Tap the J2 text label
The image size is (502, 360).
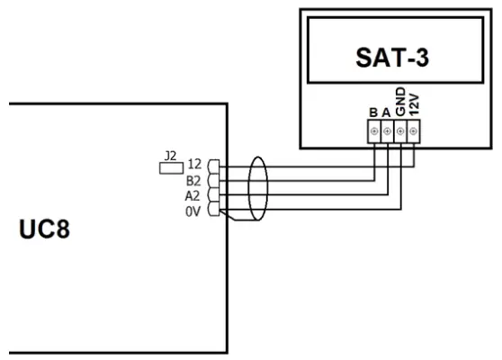166,154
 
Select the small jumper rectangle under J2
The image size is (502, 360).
167,166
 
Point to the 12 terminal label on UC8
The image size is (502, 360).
194,165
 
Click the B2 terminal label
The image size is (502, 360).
194,180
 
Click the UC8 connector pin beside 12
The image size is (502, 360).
213,165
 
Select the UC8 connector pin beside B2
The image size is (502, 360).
213,180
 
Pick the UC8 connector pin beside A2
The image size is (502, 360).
213,194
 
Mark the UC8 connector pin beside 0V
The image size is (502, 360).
213,210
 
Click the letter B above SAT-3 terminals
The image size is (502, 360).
373,112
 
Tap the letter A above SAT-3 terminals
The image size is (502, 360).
387,112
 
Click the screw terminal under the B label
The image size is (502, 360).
373,131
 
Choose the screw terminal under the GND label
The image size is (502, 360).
400,131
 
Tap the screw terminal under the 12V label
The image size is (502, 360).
414,131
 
